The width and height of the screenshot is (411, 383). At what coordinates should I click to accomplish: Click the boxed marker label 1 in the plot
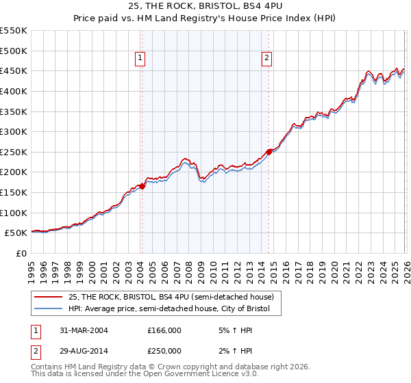click(140, 59)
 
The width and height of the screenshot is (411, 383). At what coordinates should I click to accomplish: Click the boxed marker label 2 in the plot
click(266, 59)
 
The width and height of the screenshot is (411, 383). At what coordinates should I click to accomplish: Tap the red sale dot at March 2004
click(142, 185)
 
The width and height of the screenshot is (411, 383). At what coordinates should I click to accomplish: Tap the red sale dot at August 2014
click(269, 152)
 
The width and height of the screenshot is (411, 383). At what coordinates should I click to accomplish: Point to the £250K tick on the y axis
click(14, 152)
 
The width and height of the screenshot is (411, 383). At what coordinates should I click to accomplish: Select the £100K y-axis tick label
click(14, 213)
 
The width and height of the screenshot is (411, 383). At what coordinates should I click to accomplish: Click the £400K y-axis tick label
click(14, 91)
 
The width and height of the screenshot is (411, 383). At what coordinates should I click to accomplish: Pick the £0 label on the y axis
click(21, 253)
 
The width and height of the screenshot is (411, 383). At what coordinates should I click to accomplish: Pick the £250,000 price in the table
click(164, 349)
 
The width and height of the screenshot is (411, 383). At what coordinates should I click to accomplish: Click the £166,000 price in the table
click(164, 330)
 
